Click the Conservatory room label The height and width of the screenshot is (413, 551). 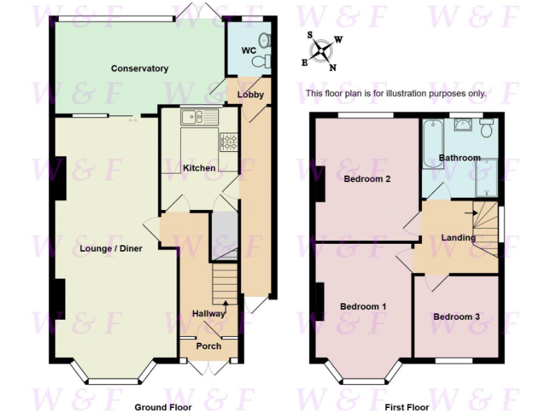(x=139, y=69)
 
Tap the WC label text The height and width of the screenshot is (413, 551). (x=249, y=50)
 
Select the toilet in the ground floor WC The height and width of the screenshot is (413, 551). (x=267, y=60)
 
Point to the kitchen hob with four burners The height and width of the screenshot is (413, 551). (x=228, y=141)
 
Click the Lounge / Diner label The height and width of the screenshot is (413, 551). (x=116, y=250)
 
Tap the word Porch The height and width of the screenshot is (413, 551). (x=209, y=346)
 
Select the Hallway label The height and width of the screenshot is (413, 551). (x=209, y=313)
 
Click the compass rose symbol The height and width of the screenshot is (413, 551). (x=322, y=50)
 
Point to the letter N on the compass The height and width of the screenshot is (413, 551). (x=332, y=68)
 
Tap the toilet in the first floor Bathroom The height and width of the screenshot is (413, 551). (x=486, y=128)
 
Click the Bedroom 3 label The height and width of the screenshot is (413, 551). (x=456, y=316)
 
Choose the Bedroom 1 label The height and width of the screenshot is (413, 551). (x=363, y=307)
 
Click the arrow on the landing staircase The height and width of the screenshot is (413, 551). (x=470, y=212)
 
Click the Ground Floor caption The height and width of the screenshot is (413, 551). (x=164, y=407)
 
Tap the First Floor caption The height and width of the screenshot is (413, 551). (x=407, y=407)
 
